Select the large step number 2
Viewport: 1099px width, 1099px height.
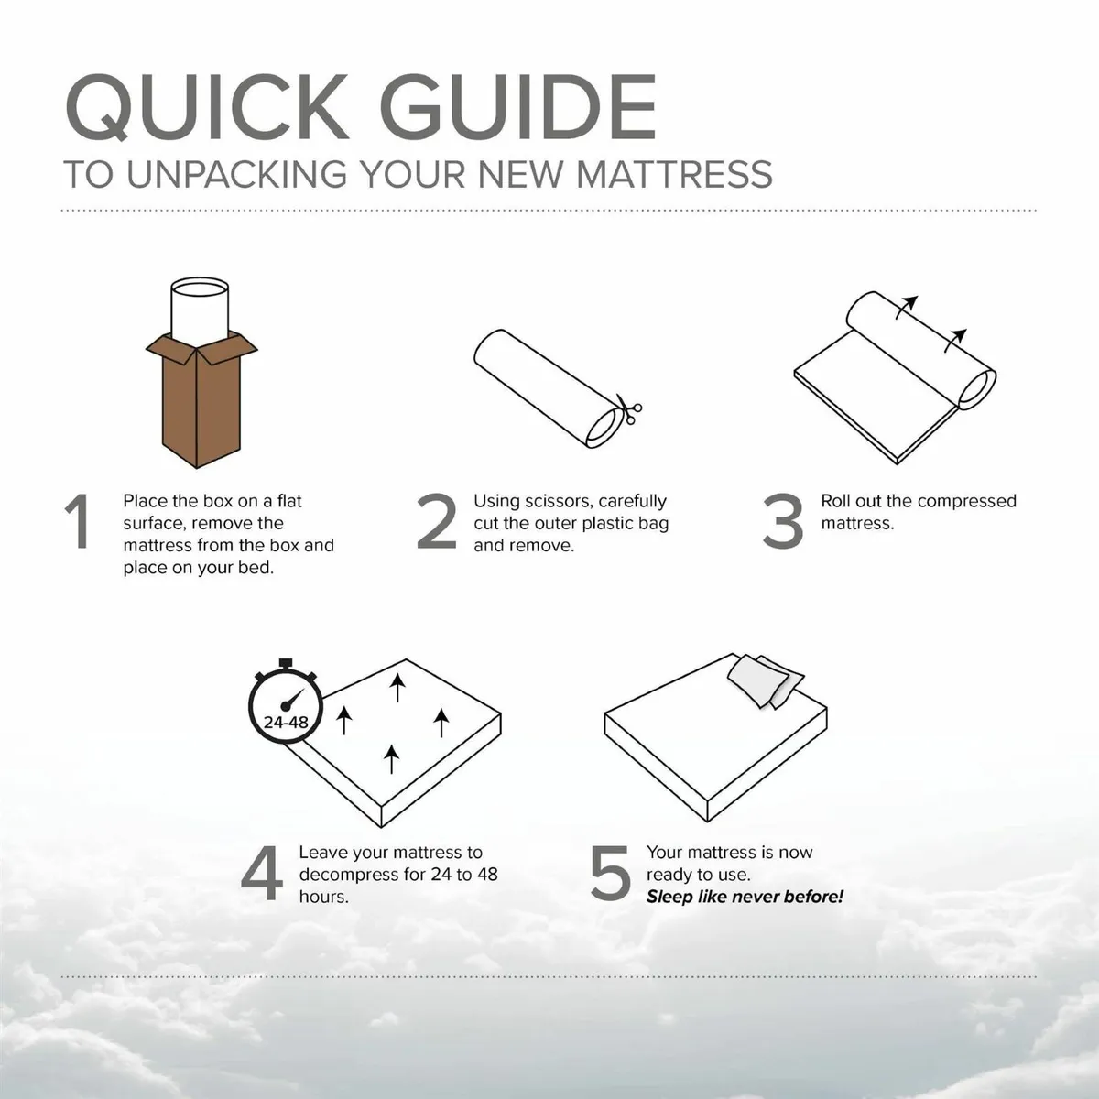pyautogui.click(x=436, y=523)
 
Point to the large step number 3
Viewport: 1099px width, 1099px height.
pyautogui.click(x=783, y=523)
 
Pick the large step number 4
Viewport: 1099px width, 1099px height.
pyautogui.click(x=261, y=874)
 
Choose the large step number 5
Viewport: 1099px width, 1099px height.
pyautogui.click(x=610, y=874)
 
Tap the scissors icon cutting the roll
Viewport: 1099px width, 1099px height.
pyautogui.click(x=629, y=409)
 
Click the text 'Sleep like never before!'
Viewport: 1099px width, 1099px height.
pyautogui.click(x=745, y=897)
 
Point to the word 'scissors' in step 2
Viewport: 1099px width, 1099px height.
pyautogui.click(x=555, y=501)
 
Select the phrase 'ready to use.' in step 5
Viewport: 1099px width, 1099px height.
pyautogui.click(x=698, y=875)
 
